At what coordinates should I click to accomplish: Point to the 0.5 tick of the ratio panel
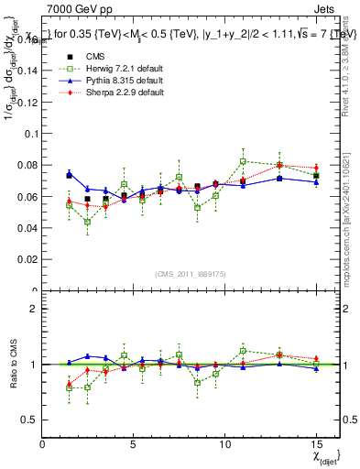coord(28,420)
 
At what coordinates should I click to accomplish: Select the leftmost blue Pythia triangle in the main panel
coord(69,174)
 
